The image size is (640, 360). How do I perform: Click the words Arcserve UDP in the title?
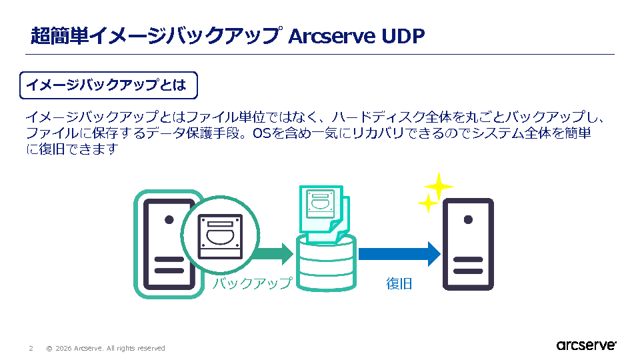coord(356,35)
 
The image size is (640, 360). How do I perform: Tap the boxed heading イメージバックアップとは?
coord(109,85)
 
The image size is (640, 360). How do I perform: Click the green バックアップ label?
coord(252,283)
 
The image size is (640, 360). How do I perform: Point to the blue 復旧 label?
coord(399,283)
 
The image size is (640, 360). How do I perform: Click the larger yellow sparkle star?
coord(439,186)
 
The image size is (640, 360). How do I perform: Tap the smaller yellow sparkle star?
coord(427,203)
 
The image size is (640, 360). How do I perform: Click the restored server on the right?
coord(469,244)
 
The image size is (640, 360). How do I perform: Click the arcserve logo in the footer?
coord(586,345)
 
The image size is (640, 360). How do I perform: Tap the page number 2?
coord(31,348)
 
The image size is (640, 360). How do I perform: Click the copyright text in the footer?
coord(105,348)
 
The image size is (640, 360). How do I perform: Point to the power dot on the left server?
coord(169,219)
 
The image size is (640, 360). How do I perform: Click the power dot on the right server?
coord(469,219)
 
